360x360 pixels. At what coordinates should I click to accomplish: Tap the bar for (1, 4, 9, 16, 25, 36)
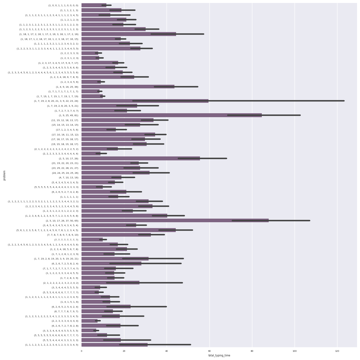[x=128, y=87]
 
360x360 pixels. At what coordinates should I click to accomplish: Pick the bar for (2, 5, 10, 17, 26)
[x=141, y=158]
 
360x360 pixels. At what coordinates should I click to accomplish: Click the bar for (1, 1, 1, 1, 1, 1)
[x=100, y=197]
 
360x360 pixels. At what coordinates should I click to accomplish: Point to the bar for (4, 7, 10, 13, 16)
[x=101, y=177]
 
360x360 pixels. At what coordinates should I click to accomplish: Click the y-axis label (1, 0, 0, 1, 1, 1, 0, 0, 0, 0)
[x=63, y=5]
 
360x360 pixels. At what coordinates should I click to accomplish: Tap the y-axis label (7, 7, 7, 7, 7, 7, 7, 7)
[x=66, y=240]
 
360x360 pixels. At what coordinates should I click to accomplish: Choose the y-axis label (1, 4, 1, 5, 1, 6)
[x=69, y=302]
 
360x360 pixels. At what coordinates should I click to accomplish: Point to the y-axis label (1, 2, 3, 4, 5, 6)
[x=69, y=82]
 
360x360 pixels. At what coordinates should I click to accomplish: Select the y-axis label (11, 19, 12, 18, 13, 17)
[x=65, y=120]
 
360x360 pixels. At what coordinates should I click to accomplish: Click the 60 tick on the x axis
[x=209, y=351]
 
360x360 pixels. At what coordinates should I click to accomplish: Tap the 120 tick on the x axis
[x=337, y=351]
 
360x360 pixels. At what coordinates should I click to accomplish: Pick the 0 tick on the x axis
[x=81, y=351]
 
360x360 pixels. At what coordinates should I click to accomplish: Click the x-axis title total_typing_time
[x=219, y=355]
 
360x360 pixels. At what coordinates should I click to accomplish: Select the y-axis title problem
[x=4, y=175]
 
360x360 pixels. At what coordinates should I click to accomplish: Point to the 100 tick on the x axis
[x=295, y=351]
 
